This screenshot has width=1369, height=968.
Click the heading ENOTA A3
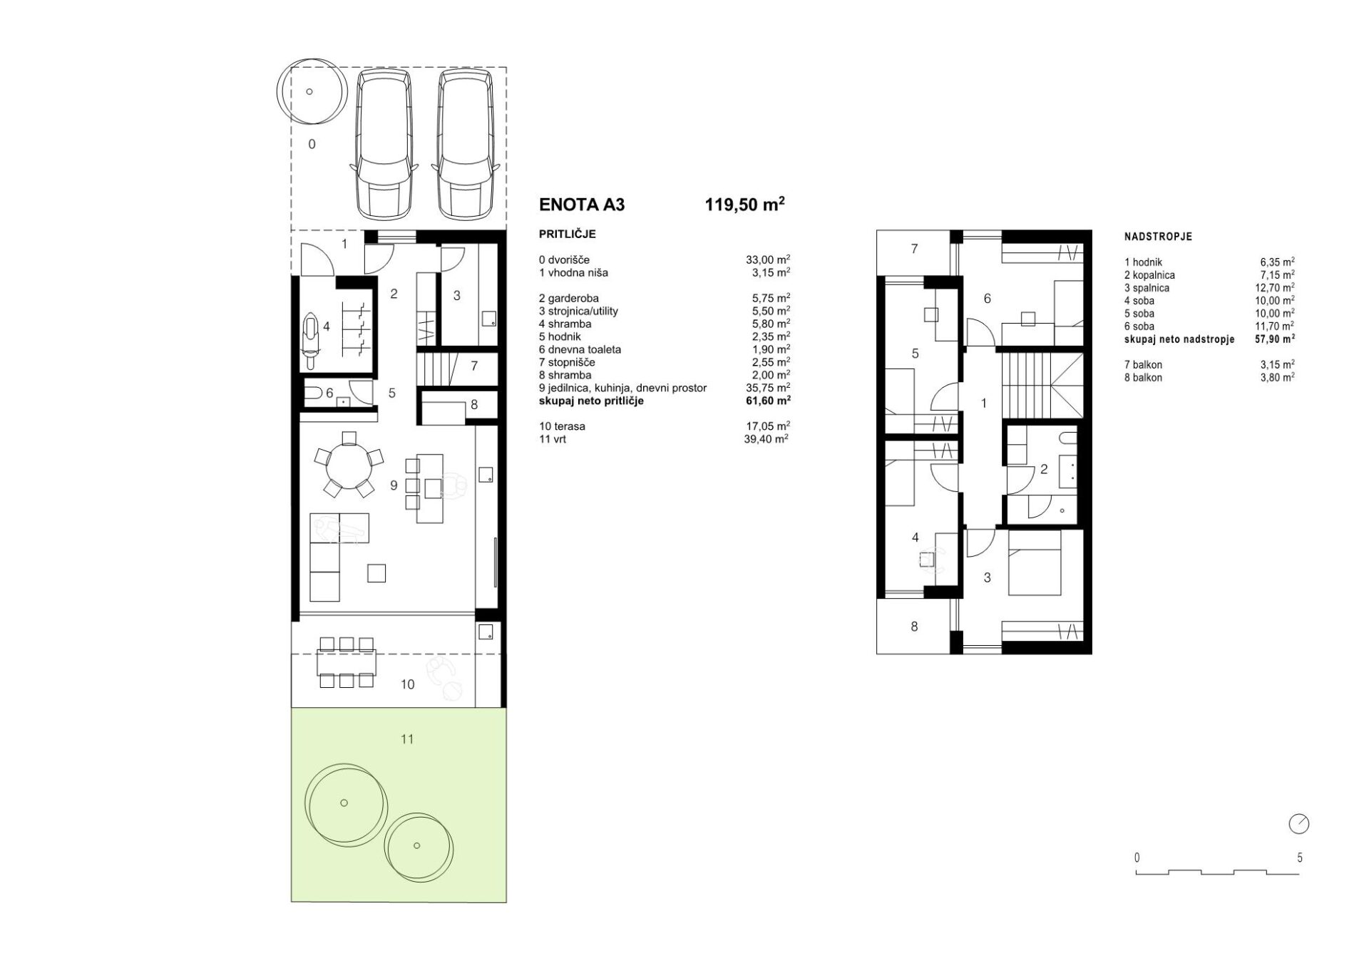582,205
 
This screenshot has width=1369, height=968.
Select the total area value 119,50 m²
745,204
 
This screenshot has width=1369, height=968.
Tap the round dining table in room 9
349,466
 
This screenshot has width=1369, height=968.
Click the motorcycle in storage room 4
311,341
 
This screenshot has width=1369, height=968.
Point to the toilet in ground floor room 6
313,392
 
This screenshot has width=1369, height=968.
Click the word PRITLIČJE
568,235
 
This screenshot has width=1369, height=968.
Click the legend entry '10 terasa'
562,426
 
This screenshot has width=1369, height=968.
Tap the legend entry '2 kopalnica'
1149,275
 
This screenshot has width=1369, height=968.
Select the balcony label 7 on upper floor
914,249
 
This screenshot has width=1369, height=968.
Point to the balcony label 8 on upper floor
914,627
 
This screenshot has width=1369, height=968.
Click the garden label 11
407,739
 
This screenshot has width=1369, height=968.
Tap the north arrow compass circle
1299,824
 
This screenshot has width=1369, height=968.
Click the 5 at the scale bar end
1299,858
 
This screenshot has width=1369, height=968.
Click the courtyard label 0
312,145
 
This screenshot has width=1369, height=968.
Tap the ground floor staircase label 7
474,366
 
